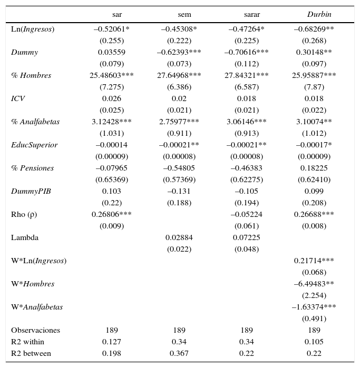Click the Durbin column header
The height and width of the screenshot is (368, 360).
pyautogui.click(x=319, y=14)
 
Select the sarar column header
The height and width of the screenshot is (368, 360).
pyautogui.click(x=251, y=14)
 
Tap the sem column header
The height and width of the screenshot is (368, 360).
pyautogui.click(x=184, y=14)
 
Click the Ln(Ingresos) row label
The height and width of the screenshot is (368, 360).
pyautogui.click(x=33, y=29)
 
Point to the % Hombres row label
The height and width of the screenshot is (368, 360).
pyautogui.click(x=31, y=75)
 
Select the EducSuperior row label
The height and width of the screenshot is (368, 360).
pyautogui.click(x=34, y=145)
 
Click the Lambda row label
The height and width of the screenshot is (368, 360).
pyautogui.click(x=24, y=237)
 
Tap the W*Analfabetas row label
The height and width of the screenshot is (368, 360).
pyautogui.click(x=37, y=307)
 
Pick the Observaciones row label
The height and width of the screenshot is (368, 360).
pyautogui.click(x=35, y=330)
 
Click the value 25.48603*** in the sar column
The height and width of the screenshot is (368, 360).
pyautogui.click(x=111, y=75)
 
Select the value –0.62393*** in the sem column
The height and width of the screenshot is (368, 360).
pyautogui.click(x=179, y=52)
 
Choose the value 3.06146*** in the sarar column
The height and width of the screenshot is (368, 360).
pyautogui.click(x=246, y=122)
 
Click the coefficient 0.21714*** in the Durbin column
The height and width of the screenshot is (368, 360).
pyautogui.click(x=314, y=261)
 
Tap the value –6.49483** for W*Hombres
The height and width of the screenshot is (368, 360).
pyautogui.click(x=314, y=284)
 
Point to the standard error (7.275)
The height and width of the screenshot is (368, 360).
pyautogui.click(x=111, y=87)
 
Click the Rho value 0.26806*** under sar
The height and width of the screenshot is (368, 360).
pyautogui.click(x=111, y=214)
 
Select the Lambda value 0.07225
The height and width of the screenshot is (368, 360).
pyautogui.click(x=246, y=237)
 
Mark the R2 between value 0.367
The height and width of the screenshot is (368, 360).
pyautogui.click(x=179, y=353)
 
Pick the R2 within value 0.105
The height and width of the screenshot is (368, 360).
pyautogui.click(x=314, y=342)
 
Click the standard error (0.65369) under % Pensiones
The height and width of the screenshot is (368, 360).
pyautogui.click(x=111, y=180)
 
